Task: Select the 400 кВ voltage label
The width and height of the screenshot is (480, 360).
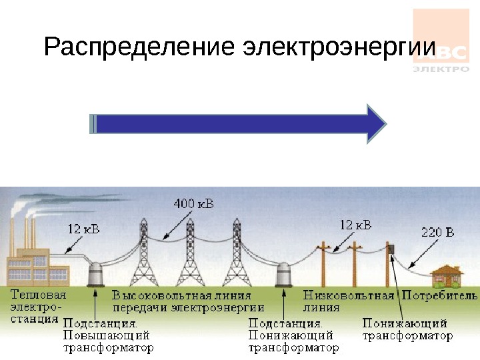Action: coord(194,203)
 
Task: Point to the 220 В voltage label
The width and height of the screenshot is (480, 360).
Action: coord(437,233)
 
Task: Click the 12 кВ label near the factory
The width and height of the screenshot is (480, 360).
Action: coord(84,229)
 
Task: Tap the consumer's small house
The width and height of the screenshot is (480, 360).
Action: coord(447,275)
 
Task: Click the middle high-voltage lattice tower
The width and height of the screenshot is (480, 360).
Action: coord(190,253)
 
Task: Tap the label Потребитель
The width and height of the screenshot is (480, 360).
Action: coord(439,295)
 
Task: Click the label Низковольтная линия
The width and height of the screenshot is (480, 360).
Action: coord(349,301)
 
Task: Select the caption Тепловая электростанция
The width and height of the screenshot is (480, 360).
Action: coord(37,306)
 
